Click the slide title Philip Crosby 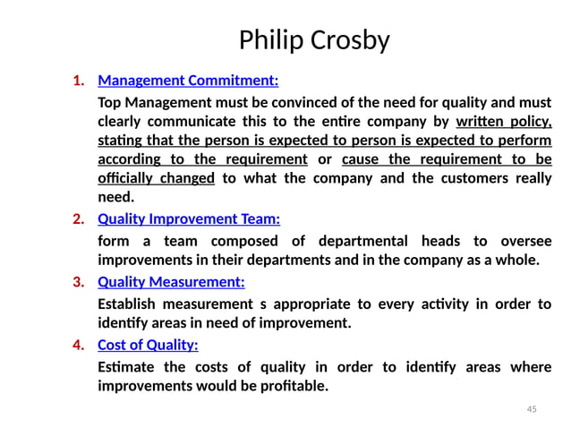click(314, 40)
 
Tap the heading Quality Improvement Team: click(189, 218)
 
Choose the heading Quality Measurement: click(171, 282)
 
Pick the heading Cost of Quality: click(148, 345)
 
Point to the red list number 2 click(78, 218)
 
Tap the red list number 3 click(78, 282)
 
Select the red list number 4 click(78, 345)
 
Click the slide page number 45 click(532, 409)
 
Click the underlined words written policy click(504, 122)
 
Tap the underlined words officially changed click(156, 177)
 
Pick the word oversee click(526, 241)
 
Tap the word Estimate click(126, 367)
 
